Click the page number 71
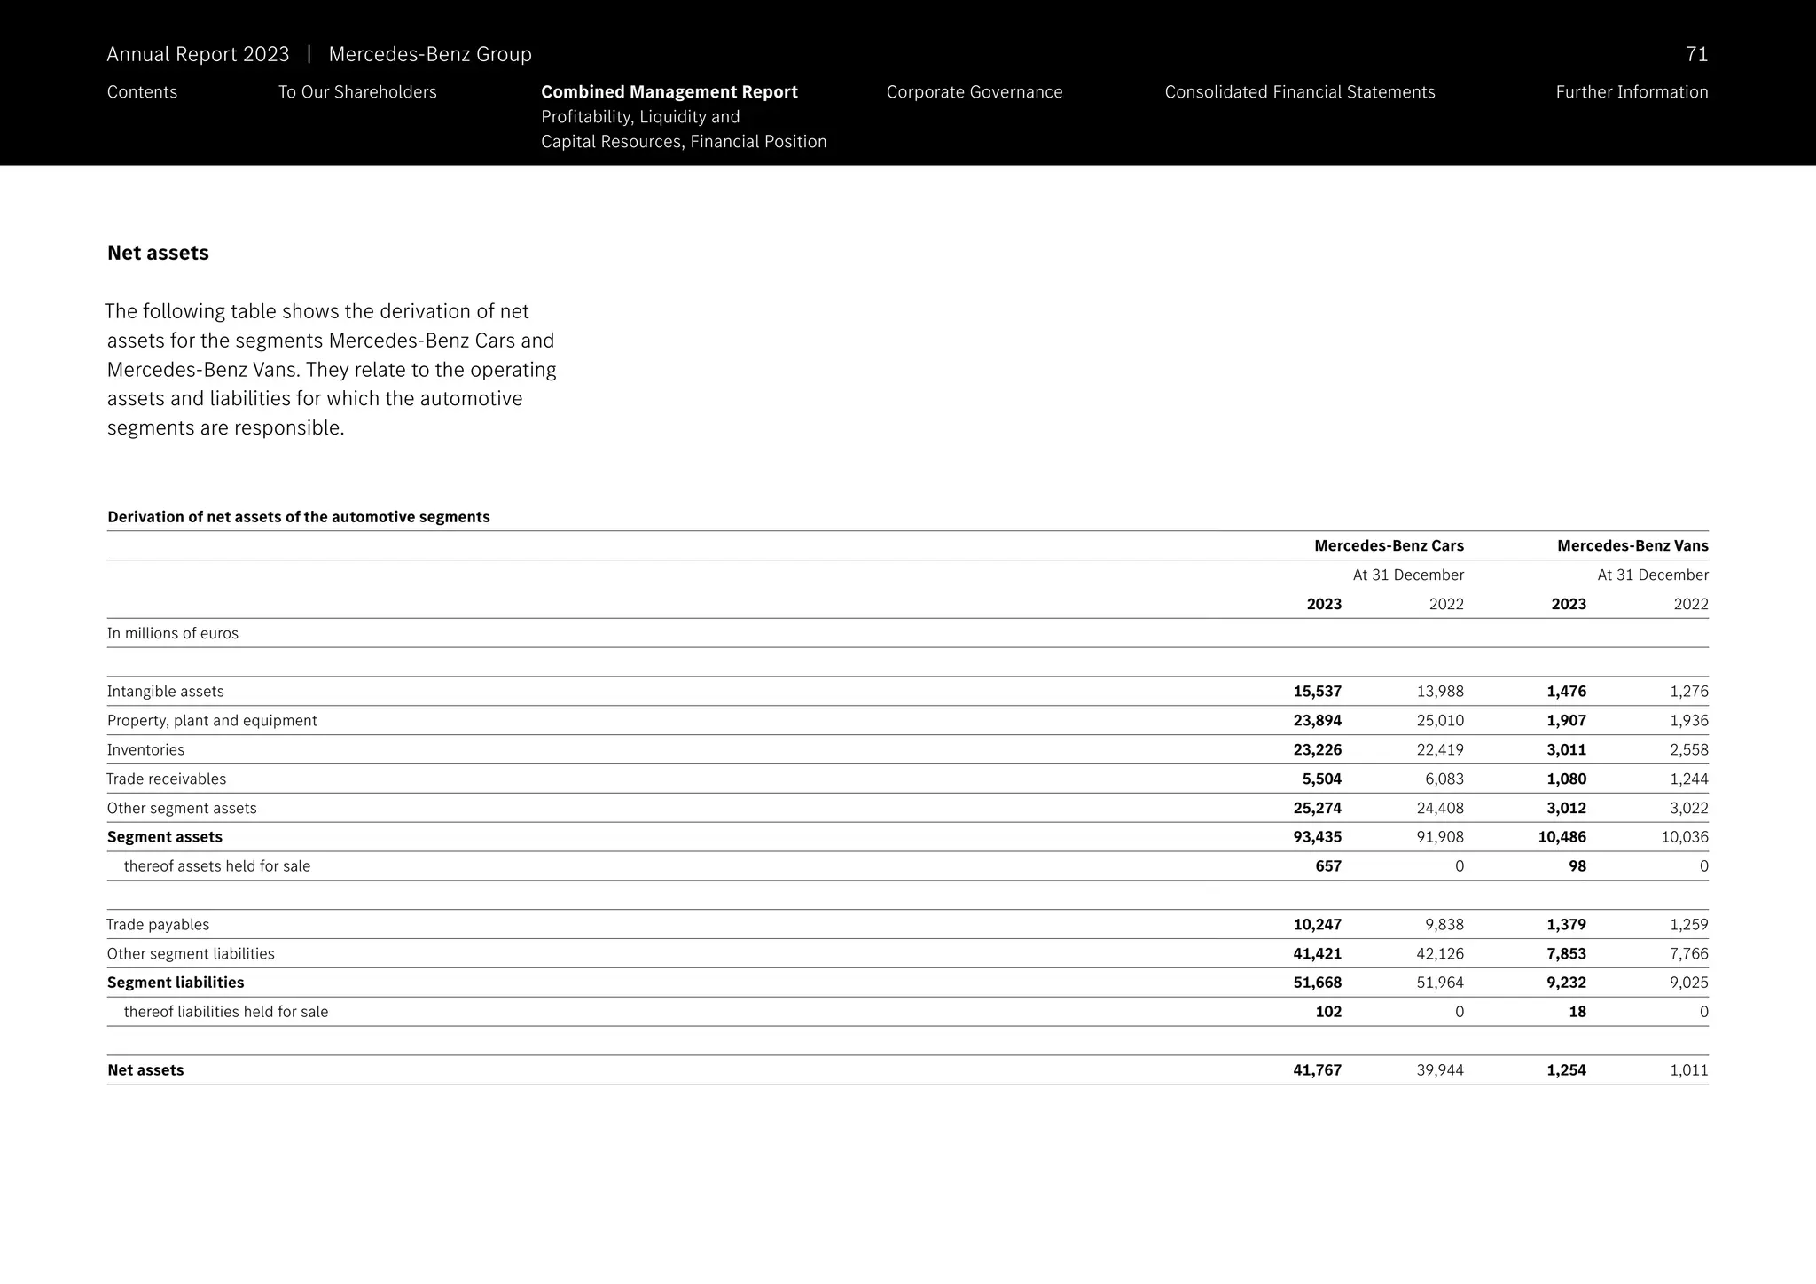[x=1696, y=55]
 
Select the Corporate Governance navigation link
[x=974, y=92]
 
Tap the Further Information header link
[x=1631, y=92]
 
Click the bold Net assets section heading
[x=158, y=254]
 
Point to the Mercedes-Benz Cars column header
[x=1389, y=546]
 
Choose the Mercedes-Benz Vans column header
[x=1632, y=546]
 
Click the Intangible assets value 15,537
[x=1317, y=692]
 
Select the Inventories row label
[x=145, y=750]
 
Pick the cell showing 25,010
[x=1440, y=721]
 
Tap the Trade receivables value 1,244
[x=1688, y=779]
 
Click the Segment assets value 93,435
[x=1317, y=837]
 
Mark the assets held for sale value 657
[x=1327, y=866]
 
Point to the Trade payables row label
[x=158, y=925]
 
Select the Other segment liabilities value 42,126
[x=1440, y=954]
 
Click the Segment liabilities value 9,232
[x=1566, y=983]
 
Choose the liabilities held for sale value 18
[x=1577, y=1012]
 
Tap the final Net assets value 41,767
[x=1317, y=1070]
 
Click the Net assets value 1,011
[x=1688, y=1070]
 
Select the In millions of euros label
[x=173, y=634]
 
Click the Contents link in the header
[x=142, y=92]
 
